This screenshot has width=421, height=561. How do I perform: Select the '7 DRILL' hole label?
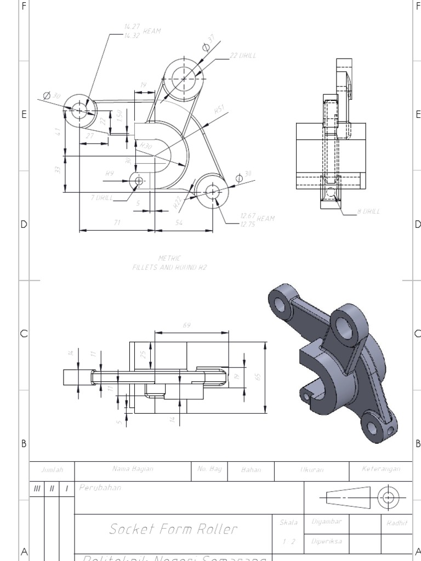click(102, 198)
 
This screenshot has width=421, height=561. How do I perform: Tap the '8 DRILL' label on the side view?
click(368, 211)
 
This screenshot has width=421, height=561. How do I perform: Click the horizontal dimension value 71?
click(117, 222)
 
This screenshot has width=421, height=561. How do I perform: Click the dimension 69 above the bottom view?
click(186, 325)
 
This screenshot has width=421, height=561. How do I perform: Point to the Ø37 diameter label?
click(208, 44)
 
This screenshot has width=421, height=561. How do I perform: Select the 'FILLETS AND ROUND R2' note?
click(169, 268)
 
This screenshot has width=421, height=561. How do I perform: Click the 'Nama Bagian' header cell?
click(133, 469)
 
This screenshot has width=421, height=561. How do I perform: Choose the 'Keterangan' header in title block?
click(381, 469)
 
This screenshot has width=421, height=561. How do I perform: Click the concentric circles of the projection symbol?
click(389, 497)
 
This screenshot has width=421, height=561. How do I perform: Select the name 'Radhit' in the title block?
click(396, 523)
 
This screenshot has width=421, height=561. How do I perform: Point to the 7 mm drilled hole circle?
click(138, 180)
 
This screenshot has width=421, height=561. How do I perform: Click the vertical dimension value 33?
click(58, 170)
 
